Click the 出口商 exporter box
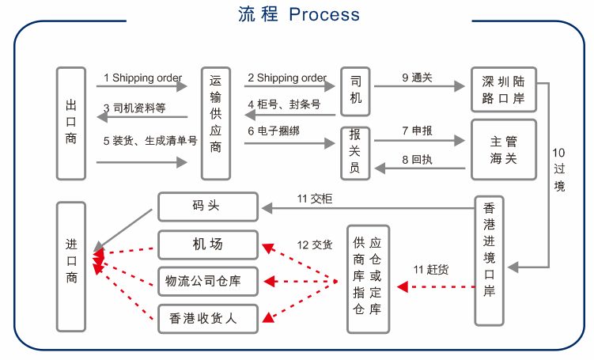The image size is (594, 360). click(70, 123)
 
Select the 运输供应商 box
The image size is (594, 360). click(216, 123)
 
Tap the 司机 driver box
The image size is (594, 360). click(355, 89)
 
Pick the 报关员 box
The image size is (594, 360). click(355, 153)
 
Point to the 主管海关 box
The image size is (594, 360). click(503, 150)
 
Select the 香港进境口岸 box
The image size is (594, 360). click(489, 260)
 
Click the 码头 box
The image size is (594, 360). click(208, 207)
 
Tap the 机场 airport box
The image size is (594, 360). click(208, 244)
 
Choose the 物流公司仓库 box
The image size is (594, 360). click(208, 281)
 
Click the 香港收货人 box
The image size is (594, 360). click(208, 318)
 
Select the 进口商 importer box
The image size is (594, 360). click(70, 266)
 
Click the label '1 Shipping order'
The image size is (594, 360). click(143, 78)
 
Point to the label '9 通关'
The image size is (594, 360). click(416, 78)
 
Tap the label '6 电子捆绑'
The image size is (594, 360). click(277, 131)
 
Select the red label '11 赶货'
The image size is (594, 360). click(431, 270)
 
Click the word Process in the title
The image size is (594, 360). click(324, 14)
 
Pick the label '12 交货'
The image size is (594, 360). click(314, 244)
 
